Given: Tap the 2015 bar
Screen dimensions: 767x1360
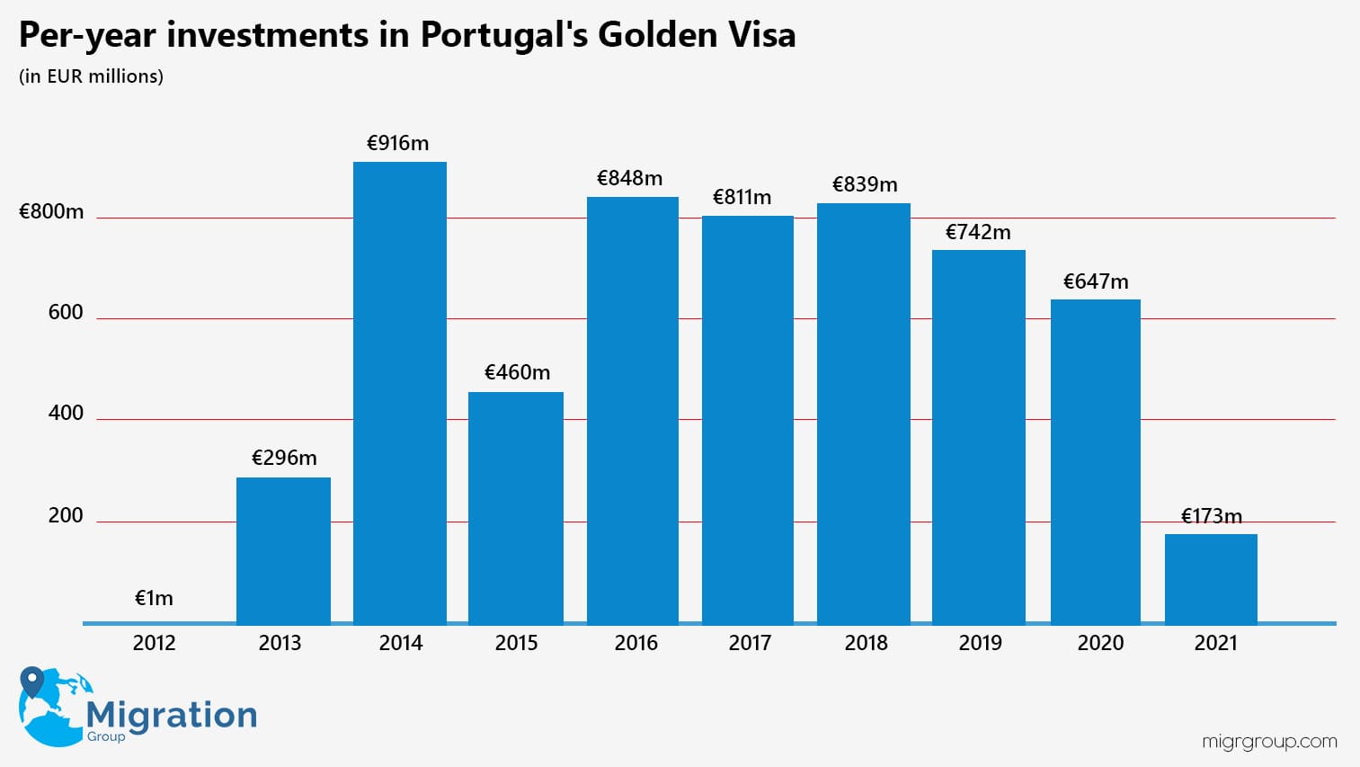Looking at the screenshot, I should click(516, 507).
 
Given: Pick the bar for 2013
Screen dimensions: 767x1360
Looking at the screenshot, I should click(283, 549).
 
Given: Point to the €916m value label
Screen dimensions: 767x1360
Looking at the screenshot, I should click(398, 143).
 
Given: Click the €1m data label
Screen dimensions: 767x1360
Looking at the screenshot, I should click(154, 598).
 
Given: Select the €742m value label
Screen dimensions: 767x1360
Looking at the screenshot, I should click(978, 232).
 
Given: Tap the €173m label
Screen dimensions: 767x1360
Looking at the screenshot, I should click(1211, 516).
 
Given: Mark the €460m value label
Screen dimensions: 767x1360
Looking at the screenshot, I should click(517, 372).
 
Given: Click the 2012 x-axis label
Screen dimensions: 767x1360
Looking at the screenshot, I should click(154, 643).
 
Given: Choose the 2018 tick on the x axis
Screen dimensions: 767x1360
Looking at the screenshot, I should click(866, 643).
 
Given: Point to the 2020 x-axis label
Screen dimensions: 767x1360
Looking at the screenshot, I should click(1100, 643).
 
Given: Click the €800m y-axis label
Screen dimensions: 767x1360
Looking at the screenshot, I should click(51, 211).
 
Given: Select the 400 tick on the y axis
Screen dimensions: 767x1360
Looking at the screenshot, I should click(66, 413).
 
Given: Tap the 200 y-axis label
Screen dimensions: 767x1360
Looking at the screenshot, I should click(66, 515).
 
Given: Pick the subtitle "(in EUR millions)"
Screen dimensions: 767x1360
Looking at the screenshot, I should click(91, 76).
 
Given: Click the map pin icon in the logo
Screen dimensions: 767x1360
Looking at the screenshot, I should click(32, 682).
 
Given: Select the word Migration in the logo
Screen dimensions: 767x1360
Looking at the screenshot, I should click(172, 715).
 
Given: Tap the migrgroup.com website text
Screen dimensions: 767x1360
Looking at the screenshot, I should click(1269, 742).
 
